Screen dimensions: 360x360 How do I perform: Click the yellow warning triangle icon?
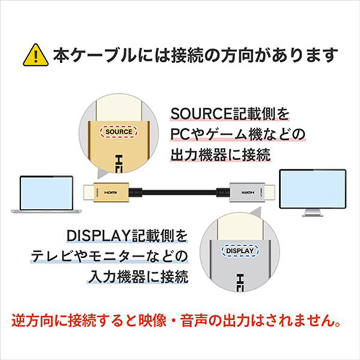pyautogui.click(x=36, y=55)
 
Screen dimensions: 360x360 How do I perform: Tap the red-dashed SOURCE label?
pyautogui.click(x=119, y=132)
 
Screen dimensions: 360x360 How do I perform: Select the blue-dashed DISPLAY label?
pyautogui.click(x=240, y=250)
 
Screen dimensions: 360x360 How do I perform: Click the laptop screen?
pyautogui.click(x=46, y=193)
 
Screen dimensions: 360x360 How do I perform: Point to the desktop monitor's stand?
pyautogui.click(x=312, y=213)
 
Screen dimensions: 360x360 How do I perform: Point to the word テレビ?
pyautogui.click(x=53, y=256)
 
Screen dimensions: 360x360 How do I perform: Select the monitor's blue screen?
pyautogui.click(x=312, y=188)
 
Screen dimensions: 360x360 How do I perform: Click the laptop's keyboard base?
pyautogui.click(x=46, y=211)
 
